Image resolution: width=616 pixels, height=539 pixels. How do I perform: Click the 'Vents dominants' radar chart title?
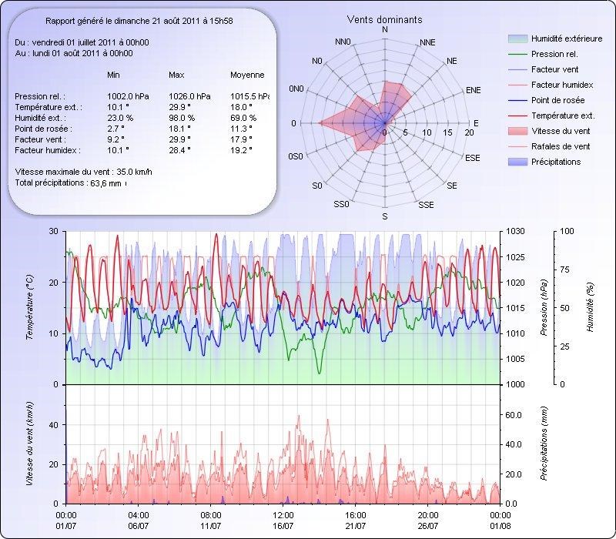coord(384,19)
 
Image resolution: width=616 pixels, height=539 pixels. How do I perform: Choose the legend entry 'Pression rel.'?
coord(554,55)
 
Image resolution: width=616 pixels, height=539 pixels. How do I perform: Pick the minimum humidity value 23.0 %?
coord(120,118)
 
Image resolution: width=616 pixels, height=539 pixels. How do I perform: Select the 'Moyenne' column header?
coord(247,75)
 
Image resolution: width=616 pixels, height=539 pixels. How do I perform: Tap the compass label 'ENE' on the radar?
coord(474,90)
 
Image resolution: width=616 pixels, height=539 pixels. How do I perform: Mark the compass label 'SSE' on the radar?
coord(426,205)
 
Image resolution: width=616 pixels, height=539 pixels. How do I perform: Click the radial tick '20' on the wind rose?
coord(470,133)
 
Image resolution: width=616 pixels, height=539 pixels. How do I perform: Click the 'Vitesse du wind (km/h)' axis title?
coord(30,444)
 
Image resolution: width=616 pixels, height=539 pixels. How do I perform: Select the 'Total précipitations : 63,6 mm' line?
coord(69,183)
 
